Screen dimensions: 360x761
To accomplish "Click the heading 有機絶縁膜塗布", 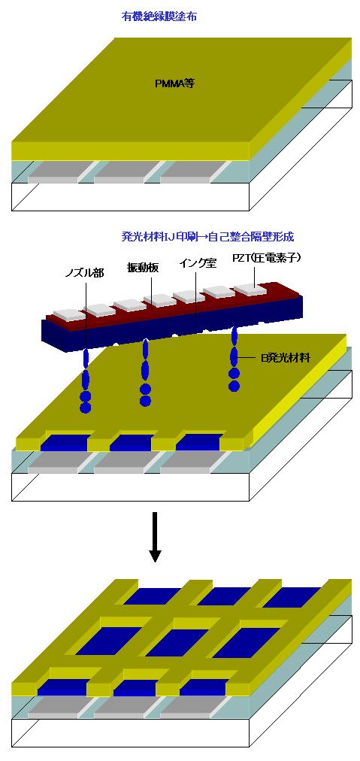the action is coord(159,17).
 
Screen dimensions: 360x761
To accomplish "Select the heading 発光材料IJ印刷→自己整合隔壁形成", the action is coord(207,237).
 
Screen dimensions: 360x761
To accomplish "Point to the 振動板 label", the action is coord(143,268).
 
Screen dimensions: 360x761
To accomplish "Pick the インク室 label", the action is coord(198,263).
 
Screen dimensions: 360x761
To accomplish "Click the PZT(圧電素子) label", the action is coord(274,258).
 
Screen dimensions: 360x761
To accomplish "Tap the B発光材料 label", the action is coord(286,359).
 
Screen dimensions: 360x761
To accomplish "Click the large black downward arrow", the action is coord(154,537).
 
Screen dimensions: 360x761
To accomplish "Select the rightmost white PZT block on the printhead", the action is coord(251,289).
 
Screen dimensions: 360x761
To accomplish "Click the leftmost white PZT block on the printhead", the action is coord(69,314).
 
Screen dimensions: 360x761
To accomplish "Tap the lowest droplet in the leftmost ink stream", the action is coord(86,407).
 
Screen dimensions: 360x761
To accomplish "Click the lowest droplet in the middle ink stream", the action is coord(145,400).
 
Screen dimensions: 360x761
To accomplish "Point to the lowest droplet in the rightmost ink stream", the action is coord(234,386).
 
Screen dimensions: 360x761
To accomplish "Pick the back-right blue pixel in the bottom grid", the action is coord(291,596).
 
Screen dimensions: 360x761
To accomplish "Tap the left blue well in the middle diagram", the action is coord(66,441).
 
